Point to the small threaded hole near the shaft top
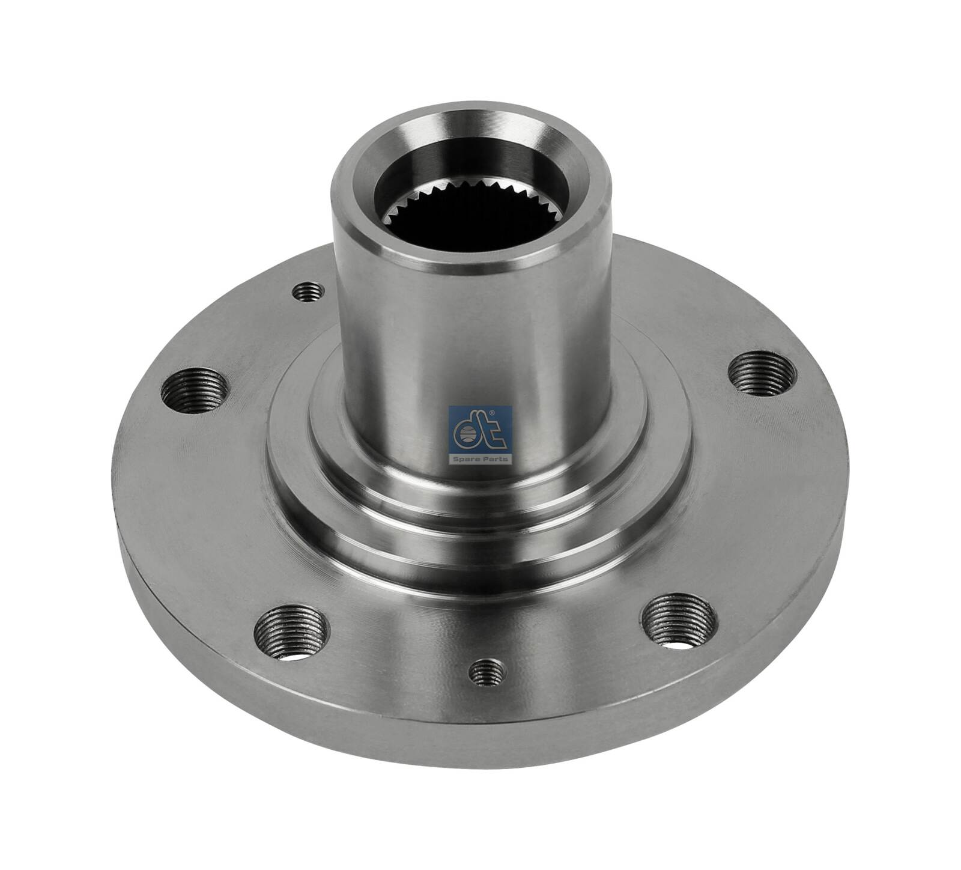tap(309, 293)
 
